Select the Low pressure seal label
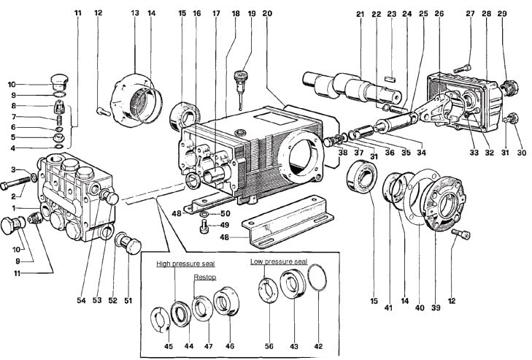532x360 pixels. [x=279, y=261]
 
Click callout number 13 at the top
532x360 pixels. [x=135, y=13]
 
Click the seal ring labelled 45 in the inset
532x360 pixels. [x=165, y=319]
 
